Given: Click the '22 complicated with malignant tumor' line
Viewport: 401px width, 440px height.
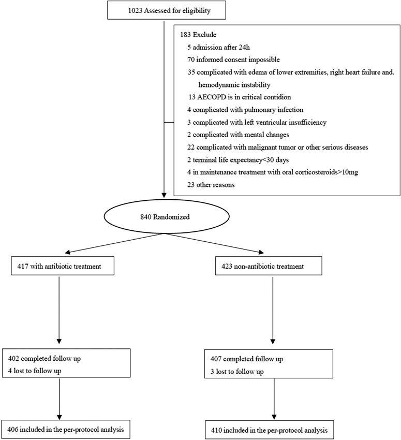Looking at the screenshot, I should (278, 148).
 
